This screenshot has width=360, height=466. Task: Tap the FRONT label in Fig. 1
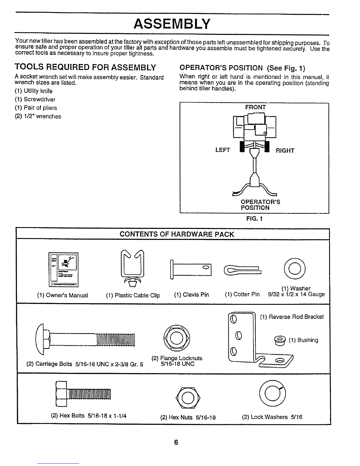pyautogui.click(x=255, y=107)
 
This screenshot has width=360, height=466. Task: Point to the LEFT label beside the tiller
pyautogui.click(x=223, y=150)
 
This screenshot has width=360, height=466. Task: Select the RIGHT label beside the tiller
pyautogui.click(x=285, y=151)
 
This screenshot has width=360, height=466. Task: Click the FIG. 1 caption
pyautogui.click(x=254, y=219)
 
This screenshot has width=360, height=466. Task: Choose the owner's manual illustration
pyautogui.click(x=64, y=269)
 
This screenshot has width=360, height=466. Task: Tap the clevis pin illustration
pyautogui.click(x=191, y=269)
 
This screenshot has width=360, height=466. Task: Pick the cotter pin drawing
pyautogui.click(x=243, y=270)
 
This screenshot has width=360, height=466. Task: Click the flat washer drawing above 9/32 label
pyautogui.click(x=286, y=269)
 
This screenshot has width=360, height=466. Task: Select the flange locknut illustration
pyautogui.click(x=176, y=338)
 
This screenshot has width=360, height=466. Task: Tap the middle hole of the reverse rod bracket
pyautogui.click(x=239, y=335)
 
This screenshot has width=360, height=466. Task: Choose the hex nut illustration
pyautogui.click(x=188, y=398)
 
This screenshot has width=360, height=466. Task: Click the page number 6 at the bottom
pyautogui.click(x=176, y=442)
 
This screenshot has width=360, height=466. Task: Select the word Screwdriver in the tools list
pyautogui.click(x=39, y=99)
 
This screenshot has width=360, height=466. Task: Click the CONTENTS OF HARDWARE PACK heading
pyautogui.click(x=177, y=234)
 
